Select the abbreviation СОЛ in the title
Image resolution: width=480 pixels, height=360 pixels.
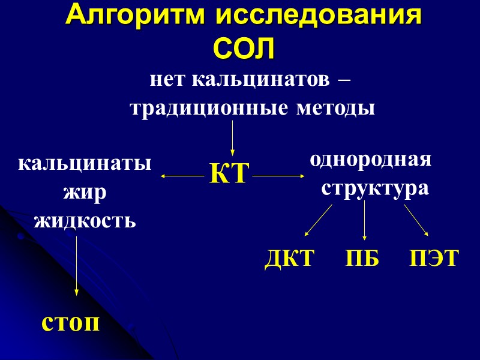tap(244, 48)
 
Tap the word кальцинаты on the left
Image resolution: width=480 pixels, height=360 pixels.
tap(85, 163)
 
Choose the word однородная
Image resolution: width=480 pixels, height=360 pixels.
tap(370, 161)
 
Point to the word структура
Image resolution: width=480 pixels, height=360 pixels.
tap(375, 188)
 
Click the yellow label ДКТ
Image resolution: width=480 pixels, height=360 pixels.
tap(289, 259)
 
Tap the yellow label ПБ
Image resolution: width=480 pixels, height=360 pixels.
tap(362, 259)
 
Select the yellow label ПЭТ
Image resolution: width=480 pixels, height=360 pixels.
tap(434, 259)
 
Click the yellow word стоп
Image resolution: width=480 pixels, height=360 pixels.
tap(70, 323)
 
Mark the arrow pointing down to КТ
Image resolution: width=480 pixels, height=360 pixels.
tap(232, 138)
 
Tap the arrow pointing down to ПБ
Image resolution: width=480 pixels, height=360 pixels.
tap(365, 221)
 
